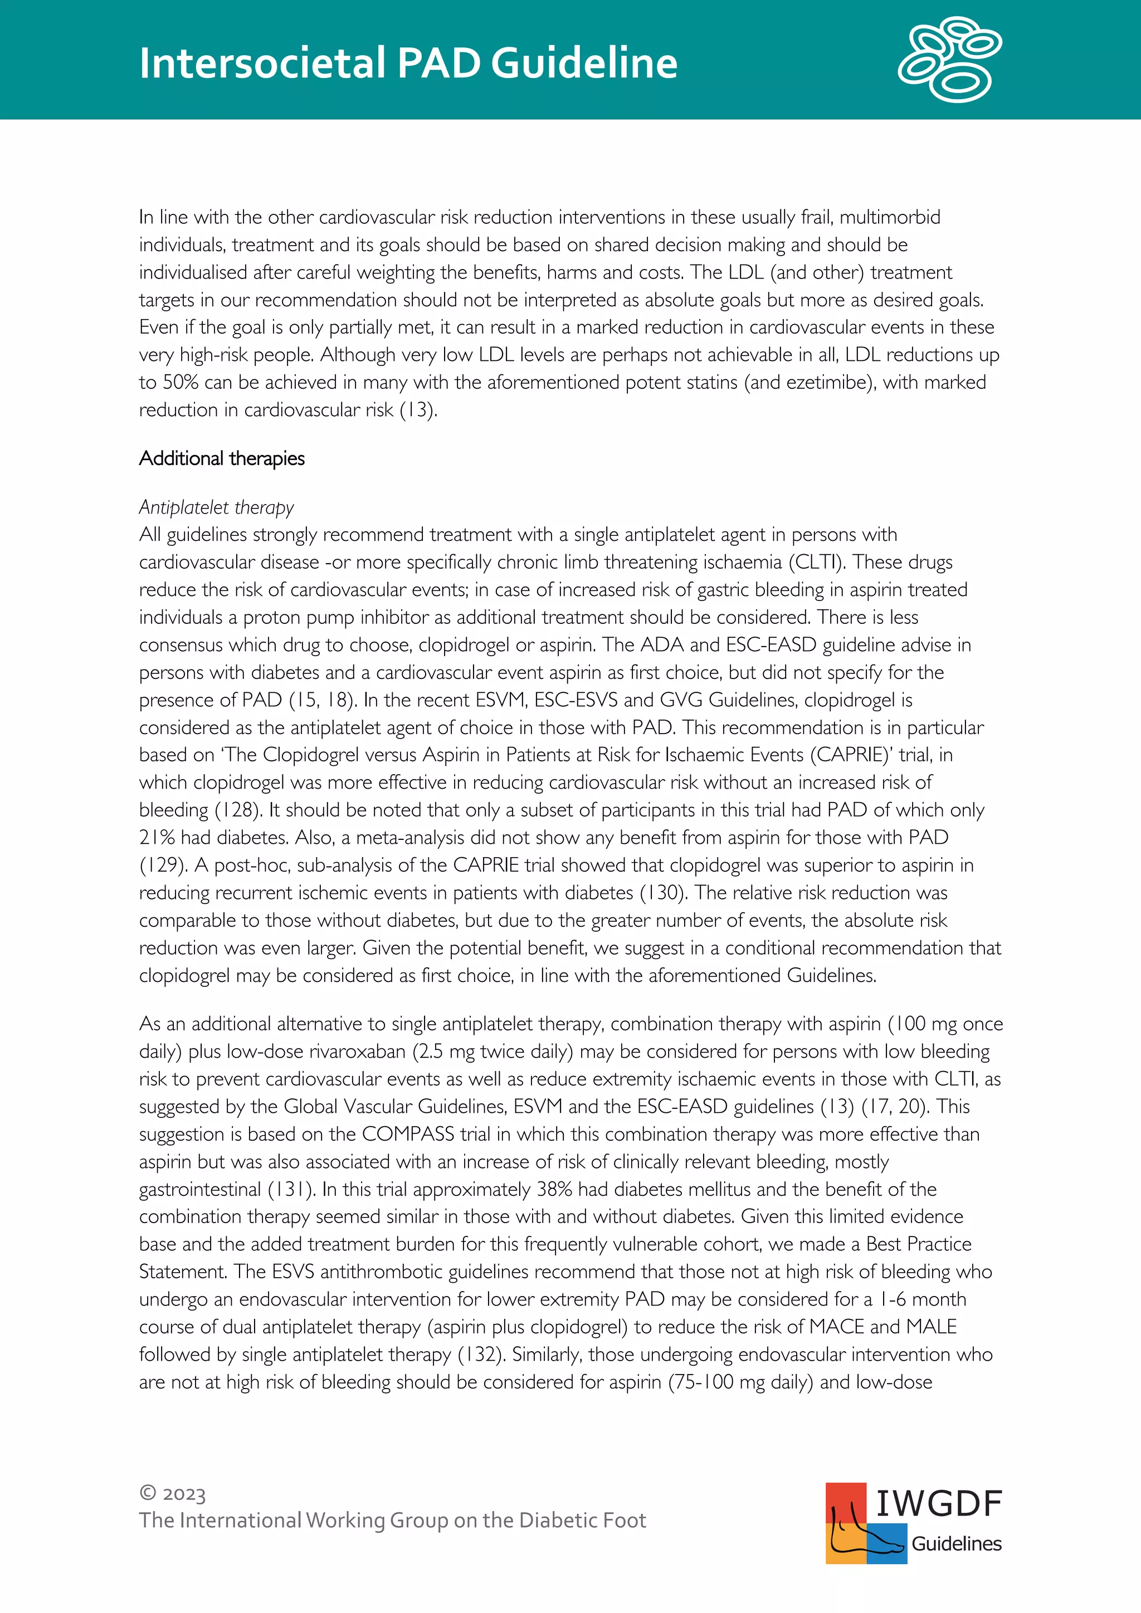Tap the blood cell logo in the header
tap(950, 59)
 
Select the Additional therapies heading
tap(222, 459)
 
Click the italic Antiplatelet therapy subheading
tap(216, 507)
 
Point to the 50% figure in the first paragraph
tap(181, 383)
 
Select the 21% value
tap(157, 837)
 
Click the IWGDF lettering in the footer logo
tap(939, 1503)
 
